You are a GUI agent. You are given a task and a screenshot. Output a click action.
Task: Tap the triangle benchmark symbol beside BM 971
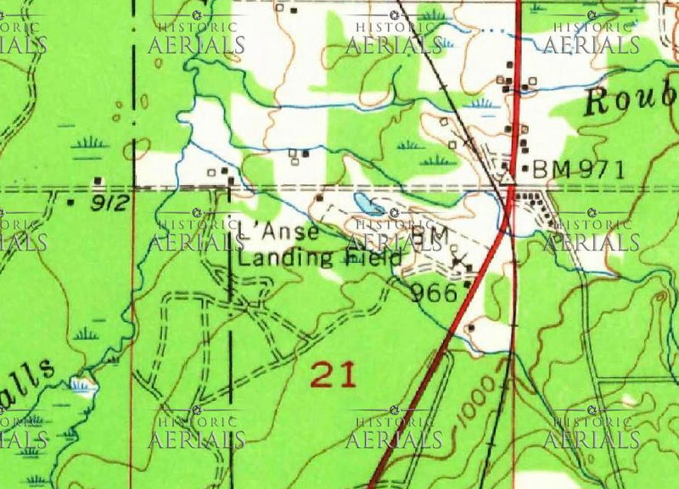pyautogui.click(x=507, y=178)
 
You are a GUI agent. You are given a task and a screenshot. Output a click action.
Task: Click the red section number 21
pyautogui.click(x=332, y=374)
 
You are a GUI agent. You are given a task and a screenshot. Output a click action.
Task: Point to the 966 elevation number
pyautogui.click(x=434, y=294)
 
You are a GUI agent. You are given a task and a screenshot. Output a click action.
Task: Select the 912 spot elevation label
pyautogui.click(x=109, y=204)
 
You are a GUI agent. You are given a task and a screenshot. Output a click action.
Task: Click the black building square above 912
pyautogui.click(x=99, y=180)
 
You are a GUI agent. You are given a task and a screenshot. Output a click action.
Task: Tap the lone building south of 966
pyautogui.click(x=470, y=328)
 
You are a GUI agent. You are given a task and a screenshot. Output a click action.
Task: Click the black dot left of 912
pyautogui.click(x=70, y=204)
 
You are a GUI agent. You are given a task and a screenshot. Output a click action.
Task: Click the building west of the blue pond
pyautogui.click(x=320, y=198)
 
